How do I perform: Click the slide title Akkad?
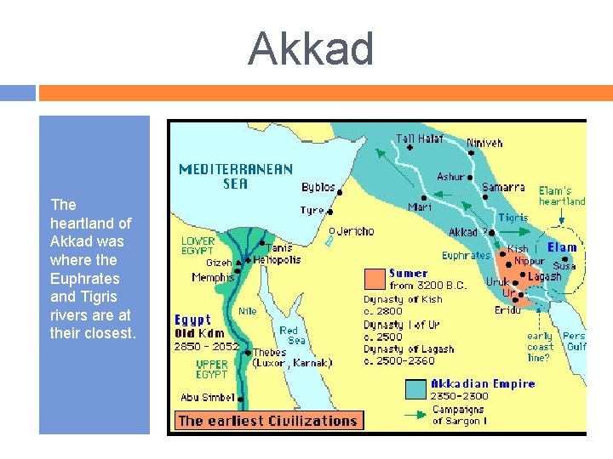pyautogui.click(x=311, y=48)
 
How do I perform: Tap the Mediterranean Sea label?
pyautogui.click(x=236, y=176)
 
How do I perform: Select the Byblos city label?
pyautogui.click(x=318, y=187)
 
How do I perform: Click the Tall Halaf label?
pyautogui.click(x=420, y=139)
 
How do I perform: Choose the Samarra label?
pyautogui.click(x=503, y=187)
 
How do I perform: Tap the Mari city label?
pyautogui.click(x=420, y=207)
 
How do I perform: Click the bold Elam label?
pyautogui.click(x=562, y=247)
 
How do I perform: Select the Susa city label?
pyautogui.click(x=564, y=266)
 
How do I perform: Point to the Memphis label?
pyautogui.click(x=213, y=277)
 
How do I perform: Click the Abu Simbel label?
pyautogui.click(x=208, y=397)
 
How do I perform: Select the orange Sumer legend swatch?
pyautogui.click(x=375, y=278)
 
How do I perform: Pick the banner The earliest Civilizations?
pyautogui.click(x=267, y=421)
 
